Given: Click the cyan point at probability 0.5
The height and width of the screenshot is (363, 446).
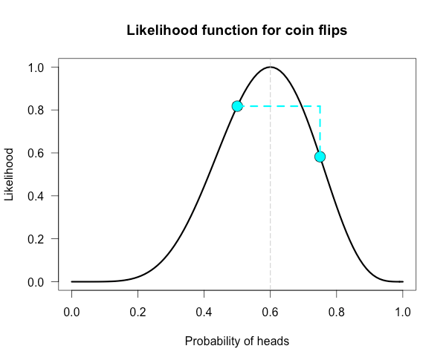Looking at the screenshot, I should pos(237,106).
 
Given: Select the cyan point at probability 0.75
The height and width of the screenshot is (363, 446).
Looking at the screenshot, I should pos(320,157).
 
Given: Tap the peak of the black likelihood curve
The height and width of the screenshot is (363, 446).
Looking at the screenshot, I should pos(271,68).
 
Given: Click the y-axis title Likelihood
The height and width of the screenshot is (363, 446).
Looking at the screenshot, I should pos(10,174).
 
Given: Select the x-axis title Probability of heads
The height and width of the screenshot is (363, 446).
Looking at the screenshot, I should pos(236,341).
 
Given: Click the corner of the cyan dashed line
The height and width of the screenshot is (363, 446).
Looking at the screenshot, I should pos(320,106).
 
